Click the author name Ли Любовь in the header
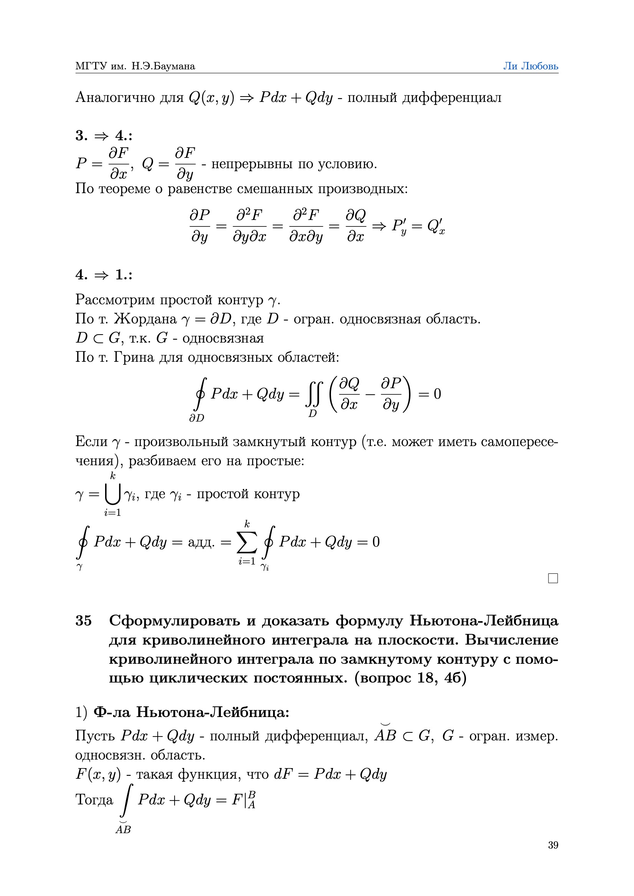pos(530,66)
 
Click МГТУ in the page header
pos(91,66)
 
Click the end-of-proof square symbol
pos(553,578)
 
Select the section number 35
pos(84,620)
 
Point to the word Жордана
pos(145,319)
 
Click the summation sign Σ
pos(247,542)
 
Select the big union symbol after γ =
pos(112,494)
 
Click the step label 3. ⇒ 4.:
pos(104,136)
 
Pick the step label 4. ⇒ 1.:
pos(104,275)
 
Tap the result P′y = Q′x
pos(418,226)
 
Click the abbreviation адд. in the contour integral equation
pos(201,542)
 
